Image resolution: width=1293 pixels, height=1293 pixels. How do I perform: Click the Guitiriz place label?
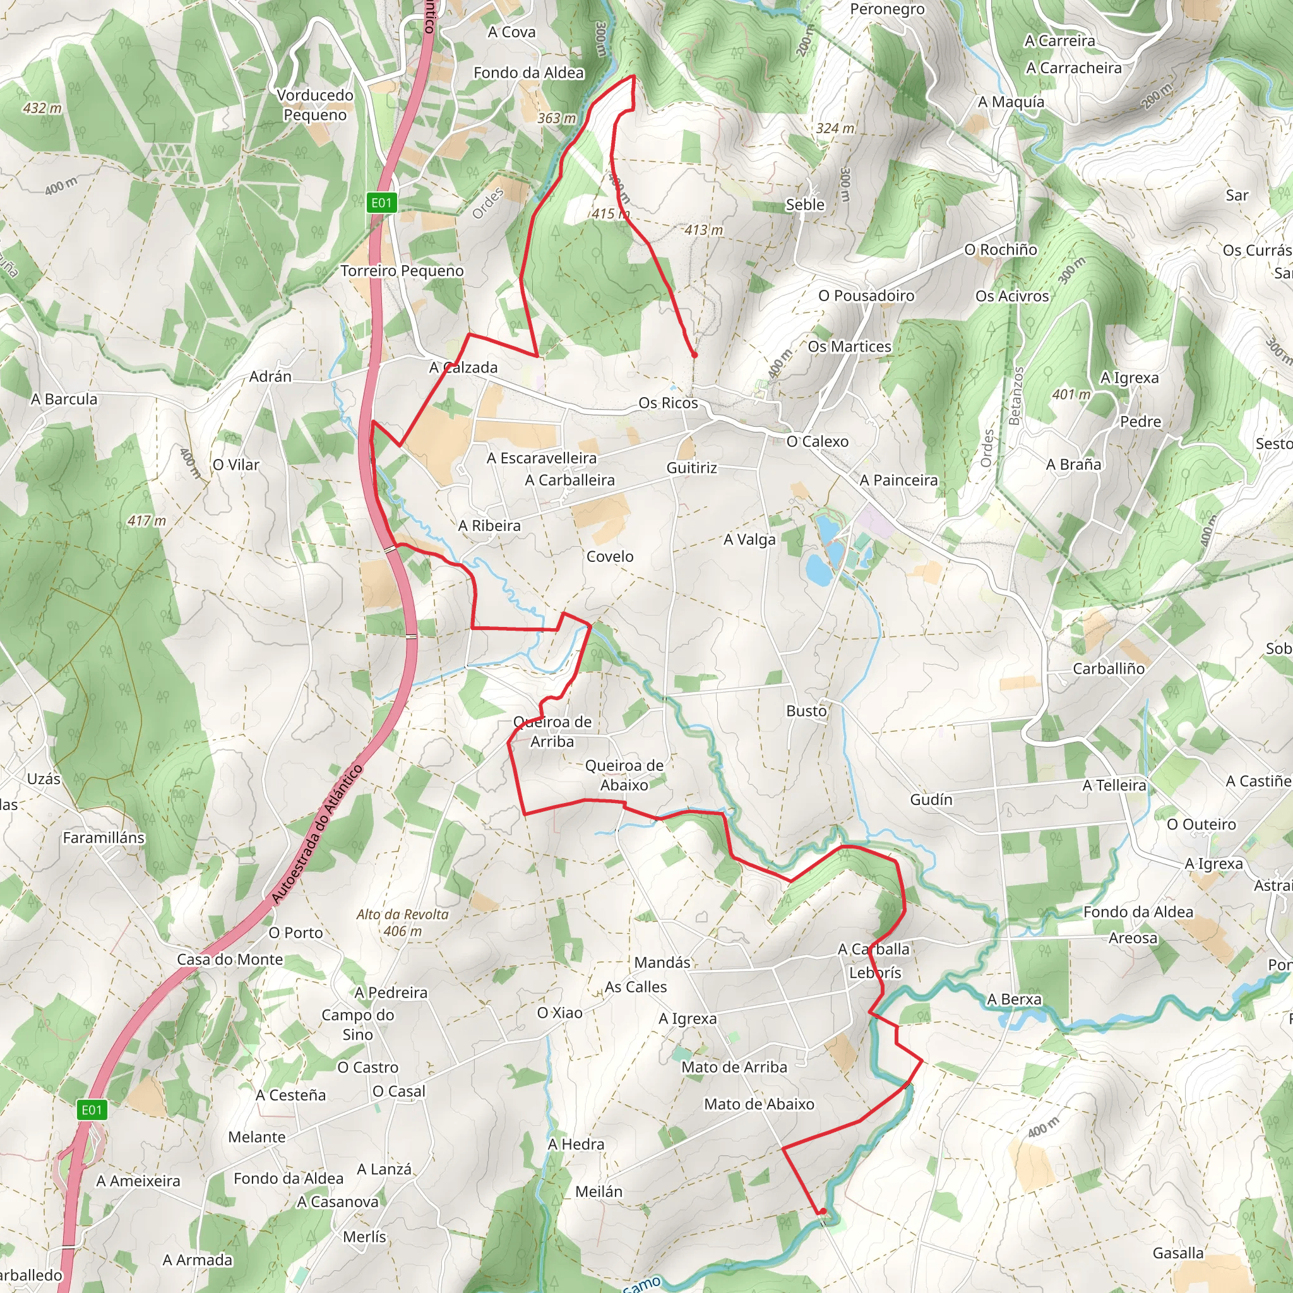691,468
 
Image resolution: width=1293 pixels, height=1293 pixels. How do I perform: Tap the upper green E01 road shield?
381,203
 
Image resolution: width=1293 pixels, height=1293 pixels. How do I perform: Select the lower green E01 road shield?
92,1111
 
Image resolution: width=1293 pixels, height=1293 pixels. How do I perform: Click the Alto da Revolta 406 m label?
402,923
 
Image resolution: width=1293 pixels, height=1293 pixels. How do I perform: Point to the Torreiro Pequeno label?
402,270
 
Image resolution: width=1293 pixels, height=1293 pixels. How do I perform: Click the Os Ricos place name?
668,403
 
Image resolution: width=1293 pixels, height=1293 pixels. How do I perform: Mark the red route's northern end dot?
694,355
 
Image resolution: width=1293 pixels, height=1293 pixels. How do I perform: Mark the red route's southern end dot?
823,1212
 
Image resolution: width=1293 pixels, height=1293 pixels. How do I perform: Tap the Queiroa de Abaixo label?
624,775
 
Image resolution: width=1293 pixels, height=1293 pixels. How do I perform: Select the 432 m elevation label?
42,108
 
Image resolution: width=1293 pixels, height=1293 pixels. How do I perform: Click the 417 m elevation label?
146,521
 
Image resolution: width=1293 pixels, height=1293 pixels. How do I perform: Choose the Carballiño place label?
1108,669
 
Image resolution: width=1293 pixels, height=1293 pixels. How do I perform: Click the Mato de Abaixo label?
759,1104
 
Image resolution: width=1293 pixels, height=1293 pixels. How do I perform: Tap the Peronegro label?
887,9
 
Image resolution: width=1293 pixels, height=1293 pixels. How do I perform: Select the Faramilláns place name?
104,837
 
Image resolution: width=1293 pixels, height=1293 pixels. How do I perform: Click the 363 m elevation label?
556,119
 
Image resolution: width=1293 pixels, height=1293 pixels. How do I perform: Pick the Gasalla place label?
1178,1253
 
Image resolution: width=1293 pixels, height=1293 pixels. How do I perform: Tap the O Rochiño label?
1000,249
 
